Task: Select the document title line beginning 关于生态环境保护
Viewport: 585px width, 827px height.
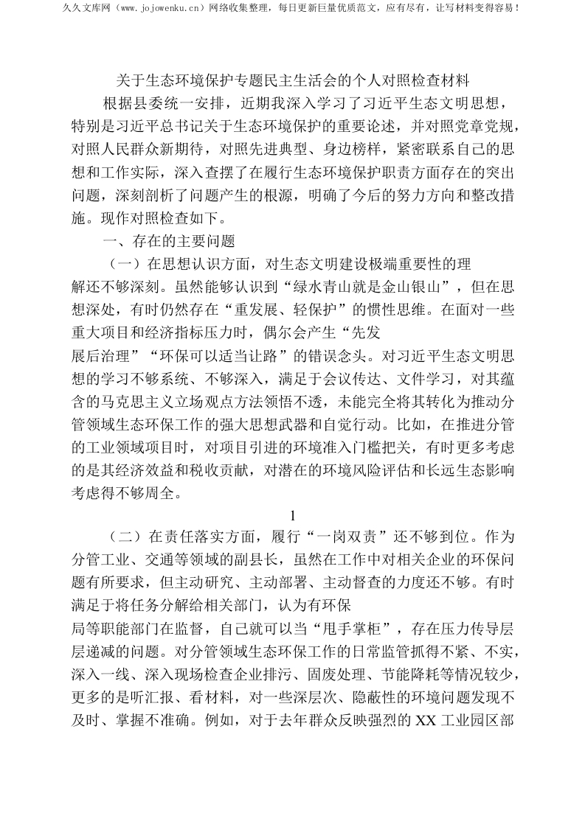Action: click(x=294, y=79)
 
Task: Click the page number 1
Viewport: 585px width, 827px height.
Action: click(x=294, y=515)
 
